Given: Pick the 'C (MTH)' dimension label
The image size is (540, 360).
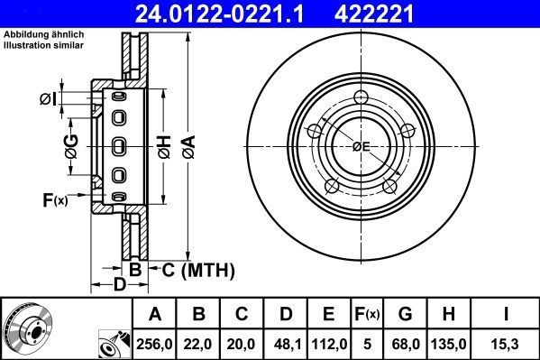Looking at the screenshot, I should [197, 269].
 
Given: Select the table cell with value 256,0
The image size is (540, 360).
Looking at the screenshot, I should [155, 343].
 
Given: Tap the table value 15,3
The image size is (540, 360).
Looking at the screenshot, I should [506, 343].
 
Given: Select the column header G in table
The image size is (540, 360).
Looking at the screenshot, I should [406, 314].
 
